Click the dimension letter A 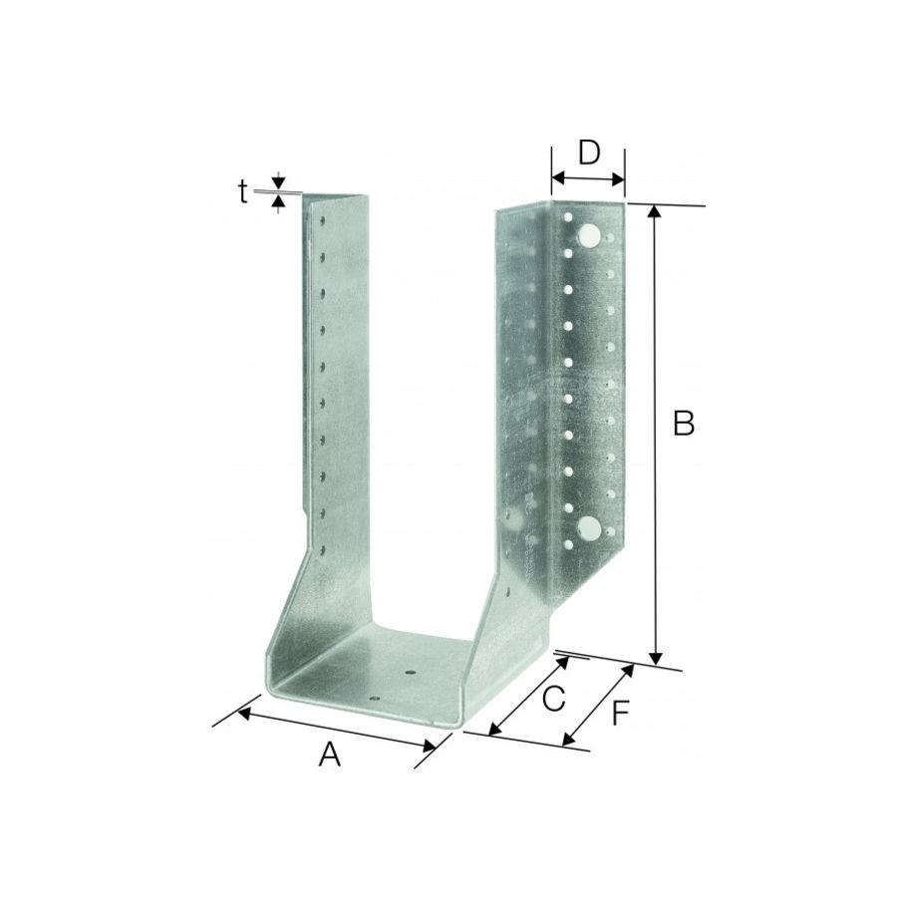tap(330, 756)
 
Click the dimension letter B tap(684, 423)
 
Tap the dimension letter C tap(554, 699)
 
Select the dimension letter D tap(589, 152)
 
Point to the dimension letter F tap(622, 714)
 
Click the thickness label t tap(242, 191)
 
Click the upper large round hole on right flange tap(589, 235)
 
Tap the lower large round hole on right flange tap(589, 528)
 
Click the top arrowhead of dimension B tap(655, 211)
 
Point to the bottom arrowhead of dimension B tap(655, 658)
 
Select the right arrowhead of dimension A tap(431, 746)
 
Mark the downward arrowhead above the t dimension tap(279, 184)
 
